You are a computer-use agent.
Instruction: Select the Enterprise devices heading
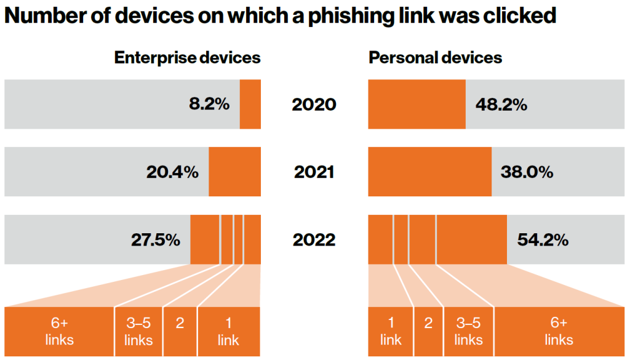pos(187,58)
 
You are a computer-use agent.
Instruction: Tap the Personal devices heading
pos(435,58)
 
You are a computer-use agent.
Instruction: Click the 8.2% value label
pos(209,104)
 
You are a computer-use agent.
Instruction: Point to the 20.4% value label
pos(172,172)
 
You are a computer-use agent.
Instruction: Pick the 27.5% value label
pos(156,239)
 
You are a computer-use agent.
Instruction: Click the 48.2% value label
pos(501,105)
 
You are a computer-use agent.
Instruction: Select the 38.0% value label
pos(527,172)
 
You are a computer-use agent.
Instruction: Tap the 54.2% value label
pos(543,240)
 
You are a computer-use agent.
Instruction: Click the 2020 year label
pos(314,105)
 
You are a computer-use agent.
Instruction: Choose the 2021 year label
pos(314,172)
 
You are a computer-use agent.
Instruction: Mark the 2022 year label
pos(314,240)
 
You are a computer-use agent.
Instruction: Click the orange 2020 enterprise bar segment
pos(250,104)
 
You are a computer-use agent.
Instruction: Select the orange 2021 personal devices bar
pos(429,172)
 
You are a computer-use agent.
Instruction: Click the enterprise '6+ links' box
pos(59,332)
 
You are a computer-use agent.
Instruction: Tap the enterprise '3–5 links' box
pos(138,332)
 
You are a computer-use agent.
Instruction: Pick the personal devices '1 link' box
pos(391,332)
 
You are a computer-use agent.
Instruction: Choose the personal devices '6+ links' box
pos(559,332)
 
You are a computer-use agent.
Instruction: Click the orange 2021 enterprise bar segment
pos(234,172)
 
